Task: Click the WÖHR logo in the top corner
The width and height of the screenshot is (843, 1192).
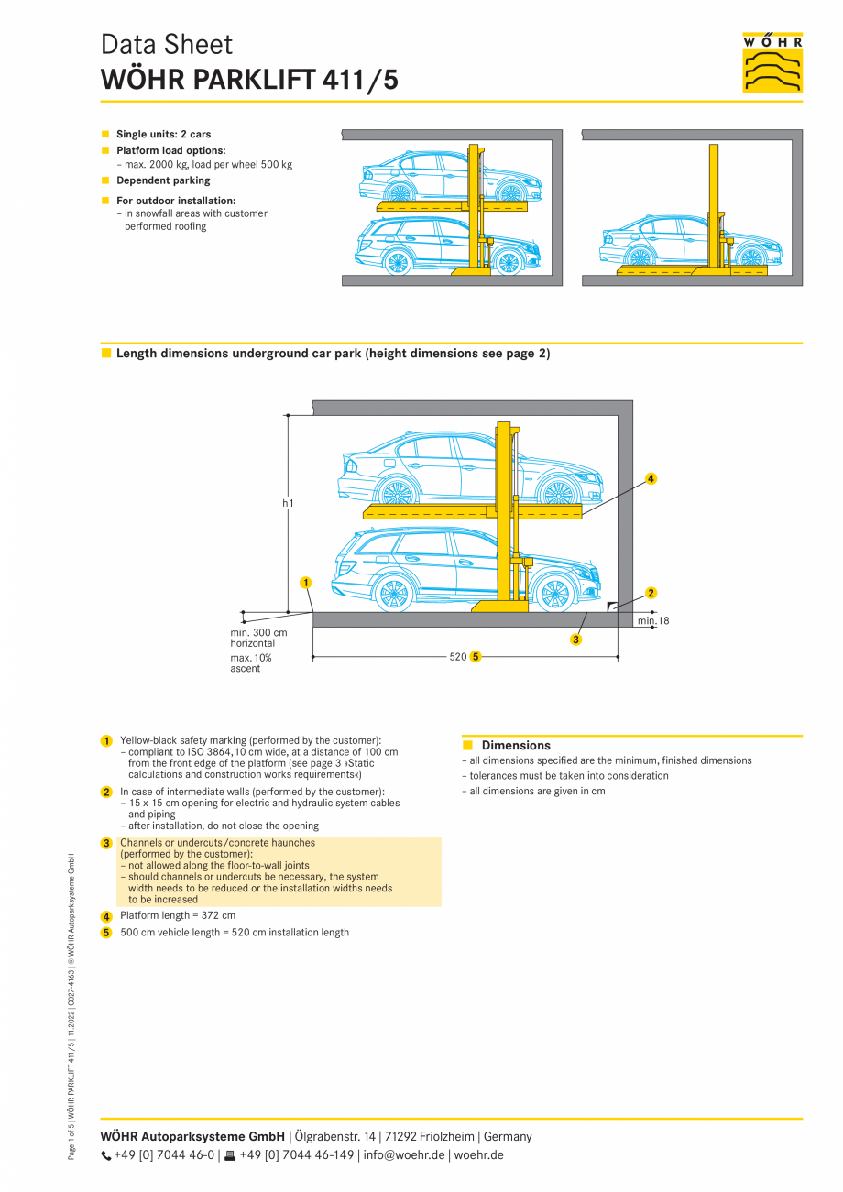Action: (772, 62)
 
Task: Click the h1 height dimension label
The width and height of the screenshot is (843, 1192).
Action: (288, 503)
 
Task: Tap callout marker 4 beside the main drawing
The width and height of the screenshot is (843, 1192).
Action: (651, 478)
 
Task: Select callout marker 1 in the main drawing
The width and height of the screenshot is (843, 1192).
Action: (305, 582)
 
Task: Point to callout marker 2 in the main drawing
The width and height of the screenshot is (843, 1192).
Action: (651, 593)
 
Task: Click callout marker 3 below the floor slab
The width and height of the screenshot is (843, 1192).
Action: (575, 640)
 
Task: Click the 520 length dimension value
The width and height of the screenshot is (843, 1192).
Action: (458, 657)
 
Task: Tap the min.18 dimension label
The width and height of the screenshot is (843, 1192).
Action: (653, 621)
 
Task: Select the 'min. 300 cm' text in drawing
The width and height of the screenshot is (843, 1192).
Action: (258, 632)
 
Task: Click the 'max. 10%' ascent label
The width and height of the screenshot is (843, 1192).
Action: (250, 658)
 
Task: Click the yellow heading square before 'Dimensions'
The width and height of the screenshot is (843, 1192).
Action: (467, 745)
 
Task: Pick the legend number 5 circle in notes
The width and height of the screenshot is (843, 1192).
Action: (106, 933)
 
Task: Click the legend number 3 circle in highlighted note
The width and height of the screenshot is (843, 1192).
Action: (106, 843)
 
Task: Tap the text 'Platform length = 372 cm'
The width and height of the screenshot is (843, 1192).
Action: (178, 915)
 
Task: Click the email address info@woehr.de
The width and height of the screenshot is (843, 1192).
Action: (404, 1154)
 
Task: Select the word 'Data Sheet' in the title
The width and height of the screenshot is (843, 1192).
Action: (166, 45)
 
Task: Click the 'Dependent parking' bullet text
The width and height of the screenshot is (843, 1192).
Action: (163, 180)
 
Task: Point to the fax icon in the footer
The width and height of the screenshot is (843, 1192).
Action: (230, 1155)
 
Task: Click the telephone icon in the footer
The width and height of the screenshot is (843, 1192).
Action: (105, 1155)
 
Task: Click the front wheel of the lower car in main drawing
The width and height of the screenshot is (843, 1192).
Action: (553, 595)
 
